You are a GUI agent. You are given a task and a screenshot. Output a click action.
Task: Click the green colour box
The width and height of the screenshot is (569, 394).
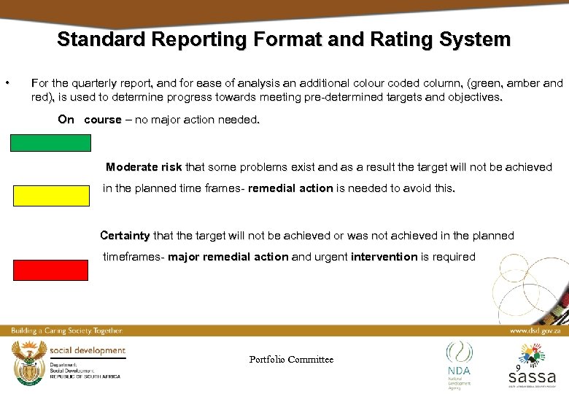click(50, 142)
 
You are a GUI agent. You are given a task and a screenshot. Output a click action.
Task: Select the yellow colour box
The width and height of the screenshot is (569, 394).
click(50, 195)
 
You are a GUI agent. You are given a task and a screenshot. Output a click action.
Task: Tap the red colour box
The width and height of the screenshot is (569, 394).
click(50, 270)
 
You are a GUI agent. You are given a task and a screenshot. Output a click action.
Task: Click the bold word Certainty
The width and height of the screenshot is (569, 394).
click(125, 236)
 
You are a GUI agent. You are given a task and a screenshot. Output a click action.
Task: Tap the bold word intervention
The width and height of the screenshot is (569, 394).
click(384, 257)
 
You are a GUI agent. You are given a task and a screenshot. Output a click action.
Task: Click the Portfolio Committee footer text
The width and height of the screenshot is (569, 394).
click(291, 359)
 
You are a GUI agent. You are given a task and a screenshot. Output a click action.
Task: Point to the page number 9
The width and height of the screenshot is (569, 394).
click(517, 369)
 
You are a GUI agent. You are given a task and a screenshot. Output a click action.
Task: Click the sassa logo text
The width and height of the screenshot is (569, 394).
click(532, 377)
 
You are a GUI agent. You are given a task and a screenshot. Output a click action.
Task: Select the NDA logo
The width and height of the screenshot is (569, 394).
click(459, 361)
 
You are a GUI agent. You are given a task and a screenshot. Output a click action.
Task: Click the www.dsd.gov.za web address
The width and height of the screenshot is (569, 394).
click(534, 331)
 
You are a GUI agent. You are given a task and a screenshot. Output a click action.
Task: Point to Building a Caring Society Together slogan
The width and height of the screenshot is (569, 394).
click(66, 331)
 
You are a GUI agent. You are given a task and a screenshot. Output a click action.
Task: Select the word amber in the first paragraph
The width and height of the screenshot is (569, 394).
click(511, 83)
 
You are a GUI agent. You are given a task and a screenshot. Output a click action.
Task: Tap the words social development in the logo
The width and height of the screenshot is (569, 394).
click(88, 351)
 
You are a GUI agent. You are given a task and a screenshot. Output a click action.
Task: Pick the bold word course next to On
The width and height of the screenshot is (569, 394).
click(103, 120)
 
